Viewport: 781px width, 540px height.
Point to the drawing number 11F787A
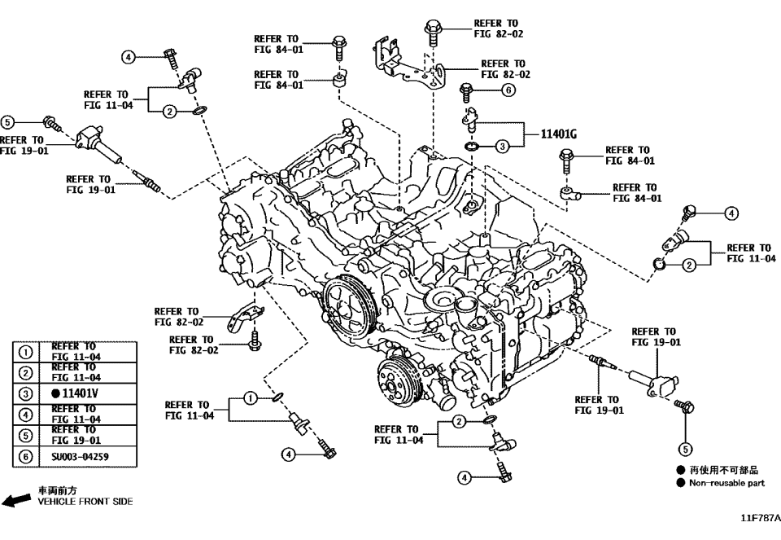(x=760, y=518)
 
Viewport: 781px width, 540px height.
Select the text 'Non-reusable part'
(x=726, y=483)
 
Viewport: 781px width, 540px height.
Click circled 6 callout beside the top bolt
(x=508, y=90)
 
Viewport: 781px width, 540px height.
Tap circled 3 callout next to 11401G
(x=502, y=147)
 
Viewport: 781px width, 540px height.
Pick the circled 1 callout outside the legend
(x=251, y=397)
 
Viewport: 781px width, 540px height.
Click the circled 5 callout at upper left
(x=7, y=122)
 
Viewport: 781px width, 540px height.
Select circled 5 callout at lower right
(x=685, y=448)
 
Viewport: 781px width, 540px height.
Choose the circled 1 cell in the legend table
(x=26, y=352)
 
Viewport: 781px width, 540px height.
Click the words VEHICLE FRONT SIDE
(x=85, y=502)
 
